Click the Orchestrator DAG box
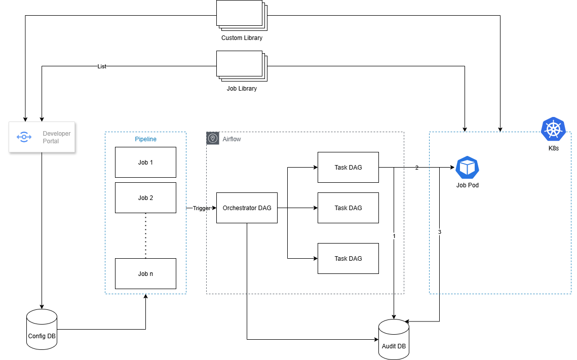[x=247, y=208]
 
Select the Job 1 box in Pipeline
[x=145, y=163]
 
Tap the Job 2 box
[x=145, y=198]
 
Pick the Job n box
[x=145, y=274]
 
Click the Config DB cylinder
[x=42, y=329]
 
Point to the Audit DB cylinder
[x=394, y=339]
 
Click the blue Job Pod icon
[x=467, y=168]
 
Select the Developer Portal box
[x=42, y=137]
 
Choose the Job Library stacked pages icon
[x=241, y=66]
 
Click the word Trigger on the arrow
[x=201, y=208]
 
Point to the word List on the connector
[x=102, y=66]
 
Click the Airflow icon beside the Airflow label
[x=213, y=139]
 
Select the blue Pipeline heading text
[x=145, y=139]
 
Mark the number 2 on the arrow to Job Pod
[x=417, y=168]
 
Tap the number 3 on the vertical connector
[x=440, y=232]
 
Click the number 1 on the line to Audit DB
[x=394, y=236]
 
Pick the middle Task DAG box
[x=348, y=208]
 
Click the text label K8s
[x=553, y=149]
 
